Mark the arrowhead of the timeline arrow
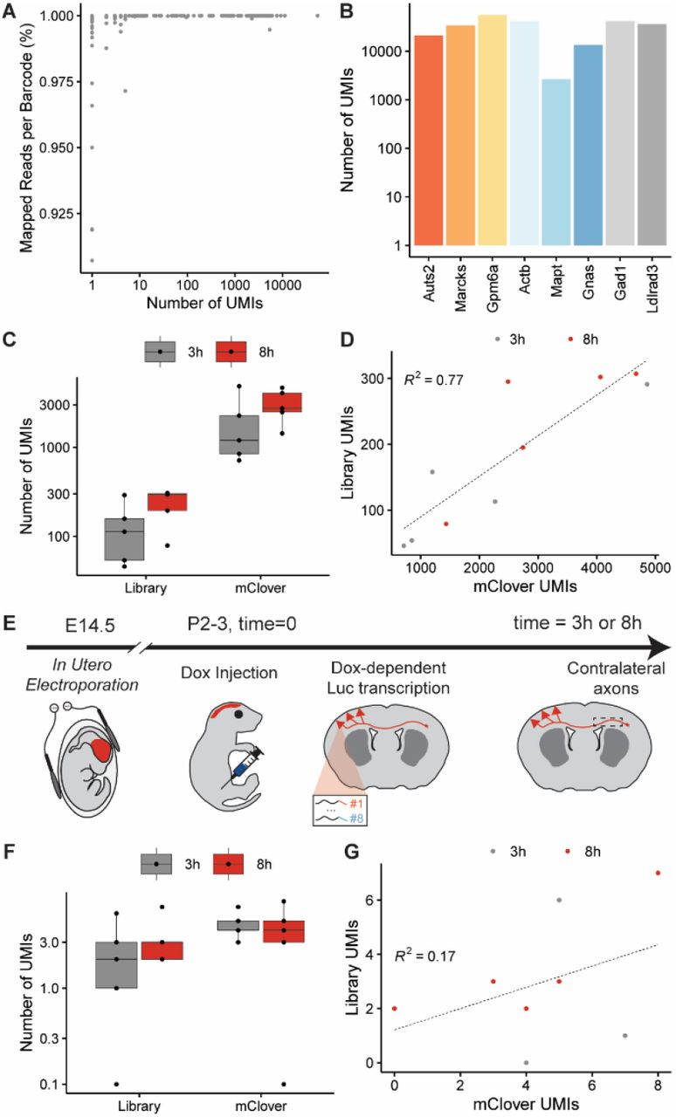659,648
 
